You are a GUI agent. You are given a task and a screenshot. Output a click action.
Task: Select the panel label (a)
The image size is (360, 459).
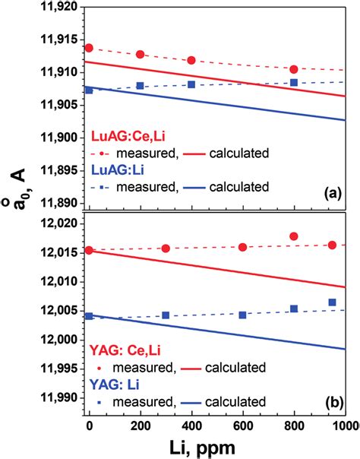(x=332, y=195)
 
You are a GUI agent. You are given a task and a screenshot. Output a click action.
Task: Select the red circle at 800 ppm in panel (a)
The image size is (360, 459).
(x=294, y=69)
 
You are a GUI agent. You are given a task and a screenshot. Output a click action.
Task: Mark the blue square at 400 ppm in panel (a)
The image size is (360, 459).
(x=191, y=84)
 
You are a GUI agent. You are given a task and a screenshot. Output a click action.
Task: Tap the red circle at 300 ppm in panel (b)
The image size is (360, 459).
(x=166, y=248)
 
